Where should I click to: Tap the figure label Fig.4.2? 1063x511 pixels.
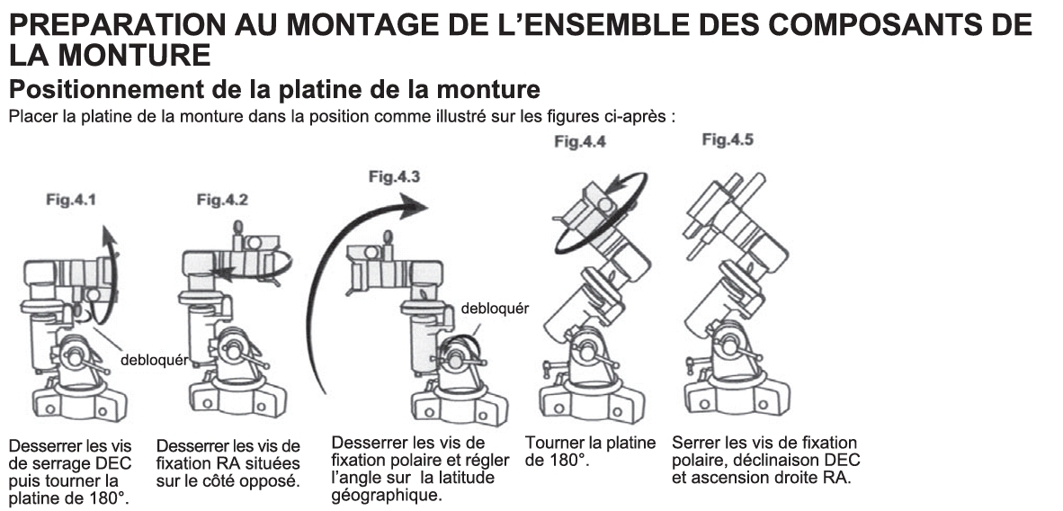point(222,201)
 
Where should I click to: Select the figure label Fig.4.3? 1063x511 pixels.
point(394,177)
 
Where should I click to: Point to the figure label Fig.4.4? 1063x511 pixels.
point(580,141)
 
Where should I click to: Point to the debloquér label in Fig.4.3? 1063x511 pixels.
point(495,308)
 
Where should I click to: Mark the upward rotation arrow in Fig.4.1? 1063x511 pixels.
point(111,261)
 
